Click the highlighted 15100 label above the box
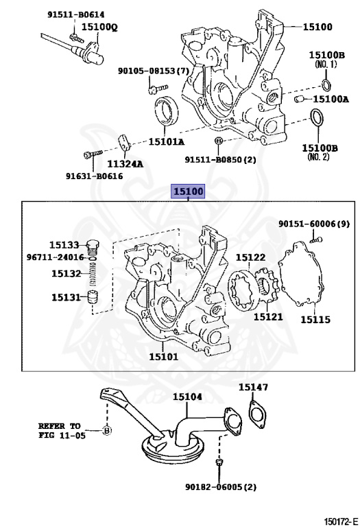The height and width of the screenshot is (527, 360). coord(188,191)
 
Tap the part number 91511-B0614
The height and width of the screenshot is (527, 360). coord(76,14)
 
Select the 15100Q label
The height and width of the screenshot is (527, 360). coord(99,27)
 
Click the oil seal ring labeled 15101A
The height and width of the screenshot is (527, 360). coord(166,110)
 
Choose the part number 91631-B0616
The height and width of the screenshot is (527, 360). coord(95,176)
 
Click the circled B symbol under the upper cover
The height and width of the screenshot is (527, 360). coord(217,141)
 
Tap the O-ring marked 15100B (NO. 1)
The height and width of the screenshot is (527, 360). coord(326,84)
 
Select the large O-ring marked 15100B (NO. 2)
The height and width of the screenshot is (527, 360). coord(317,119)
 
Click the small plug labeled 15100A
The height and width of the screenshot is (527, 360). coord(299,99)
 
